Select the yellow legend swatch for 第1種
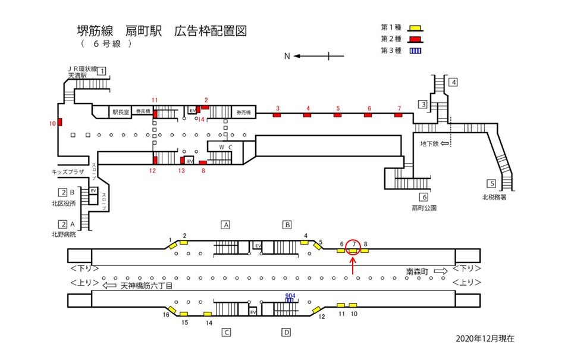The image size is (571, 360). [x=417, y=28]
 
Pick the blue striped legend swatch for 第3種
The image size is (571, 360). [x=417, y=51]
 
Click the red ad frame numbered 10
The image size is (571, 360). [x=60, y=123]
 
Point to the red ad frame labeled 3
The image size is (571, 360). [x=277, y=115]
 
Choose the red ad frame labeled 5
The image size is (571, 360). [x=337, y=115]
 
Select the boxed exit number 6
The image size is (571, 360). [x=424, y=198]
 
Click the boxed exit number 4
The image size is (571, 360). [x=453, y=83]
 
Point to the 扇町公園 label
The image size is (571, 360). [x=424, y=208]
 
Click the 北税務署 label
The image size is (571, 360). [x=494, y=198]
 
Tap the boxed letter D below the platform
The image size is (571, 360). [x=286, y=332]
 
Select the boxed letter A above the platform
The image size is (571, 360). [x=226, y=225]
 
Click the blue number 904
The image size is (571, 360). [x=290, y=295]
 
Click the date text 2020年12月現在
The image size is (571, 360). [x=485, y=338]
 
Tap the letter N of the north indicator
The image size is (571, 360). [x=287, y=57]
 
